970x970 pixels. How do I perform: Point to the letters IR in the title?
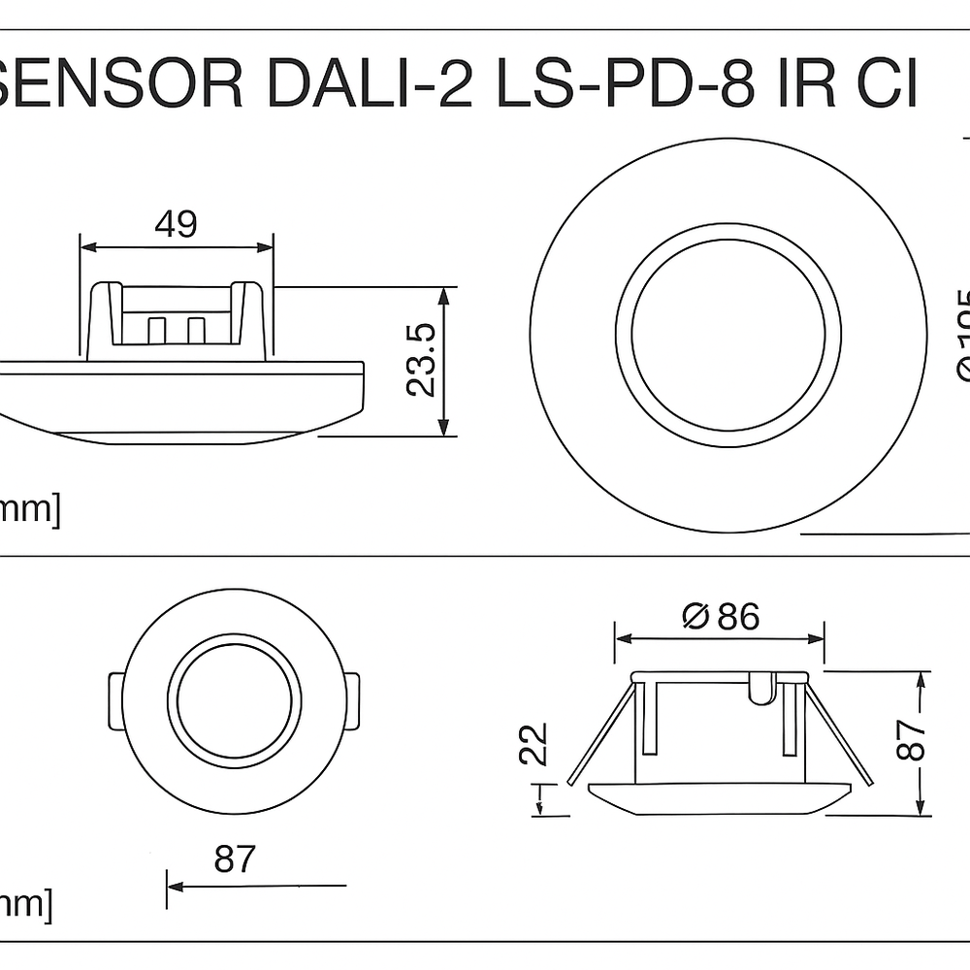click(x=807, y=85)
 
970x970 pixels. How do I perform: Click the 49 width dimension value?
click(x=176, y=224)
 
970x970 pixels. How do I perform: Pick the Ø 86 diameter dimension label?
click(x=721, y=616)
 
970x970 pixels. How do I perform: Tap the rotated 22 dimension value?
click(x=534, y=744)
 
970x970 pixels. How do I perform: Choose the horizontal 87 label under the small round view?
click(x=234, y=859)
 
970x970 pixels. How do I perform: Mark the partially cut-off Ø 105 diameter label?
click(x=960, y=335)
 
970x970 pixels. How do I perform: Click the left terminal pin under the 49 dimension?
click(x=156, y=330)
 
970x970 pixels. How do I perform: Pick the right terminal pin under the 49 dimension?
click(x=196, y=330)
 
